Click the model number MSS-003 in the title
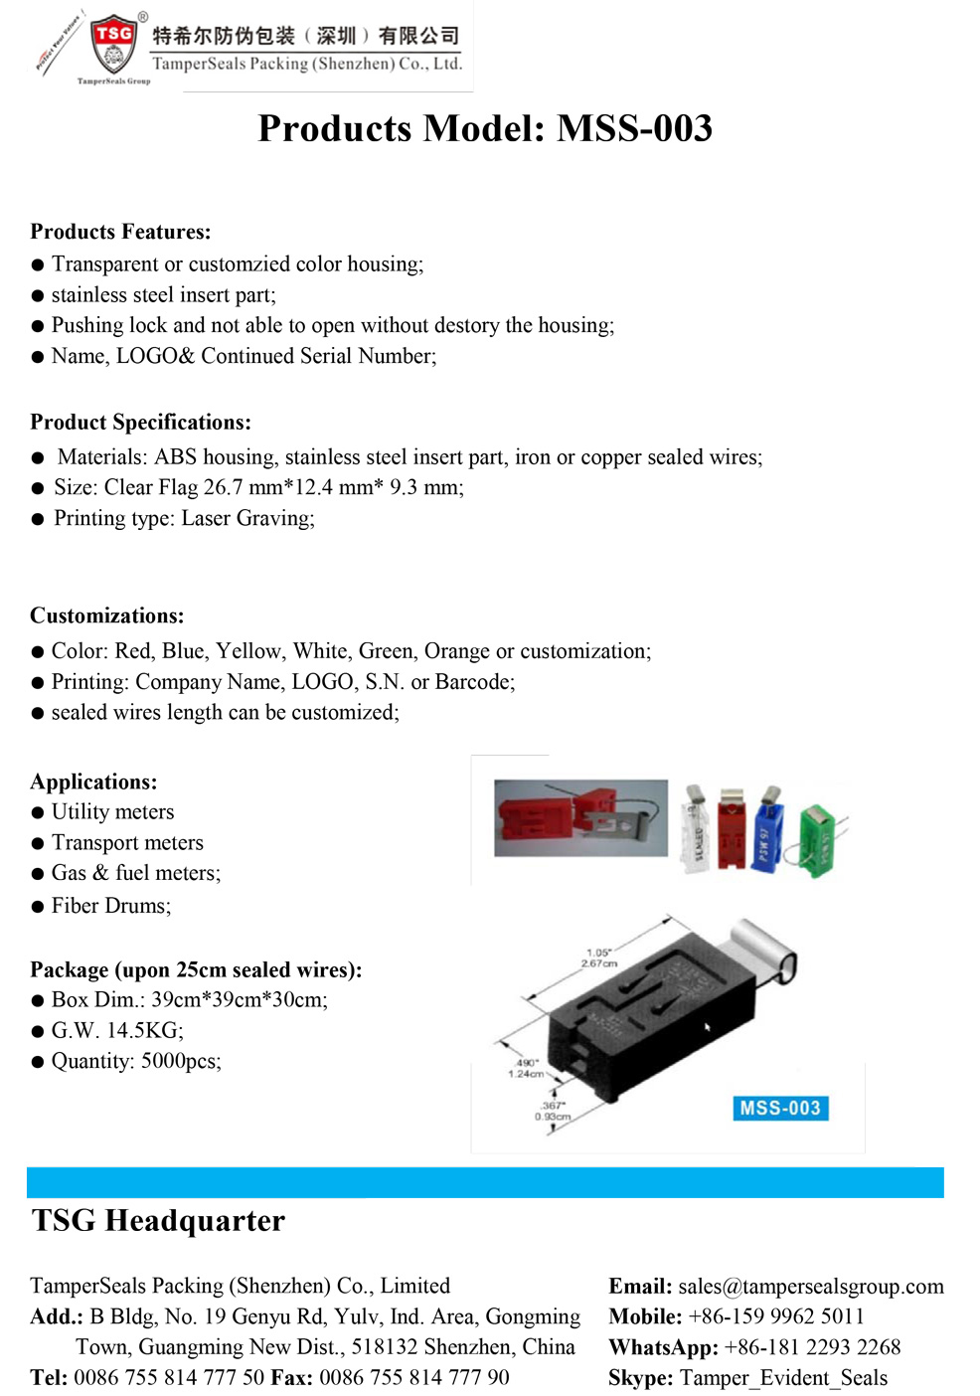634,128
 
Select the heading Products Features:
120,232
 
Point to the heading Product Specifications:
140,422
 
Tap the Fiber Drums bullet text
110,906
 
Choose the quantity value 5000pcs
180,1061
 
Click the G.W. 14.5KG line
117,1030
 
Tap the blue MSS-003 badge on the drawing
780,1108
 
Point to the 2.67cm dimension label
599,963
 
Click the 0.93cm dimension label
553,1117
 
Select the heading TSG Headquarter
158,1220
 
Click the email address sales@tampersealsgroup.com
811,1287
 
